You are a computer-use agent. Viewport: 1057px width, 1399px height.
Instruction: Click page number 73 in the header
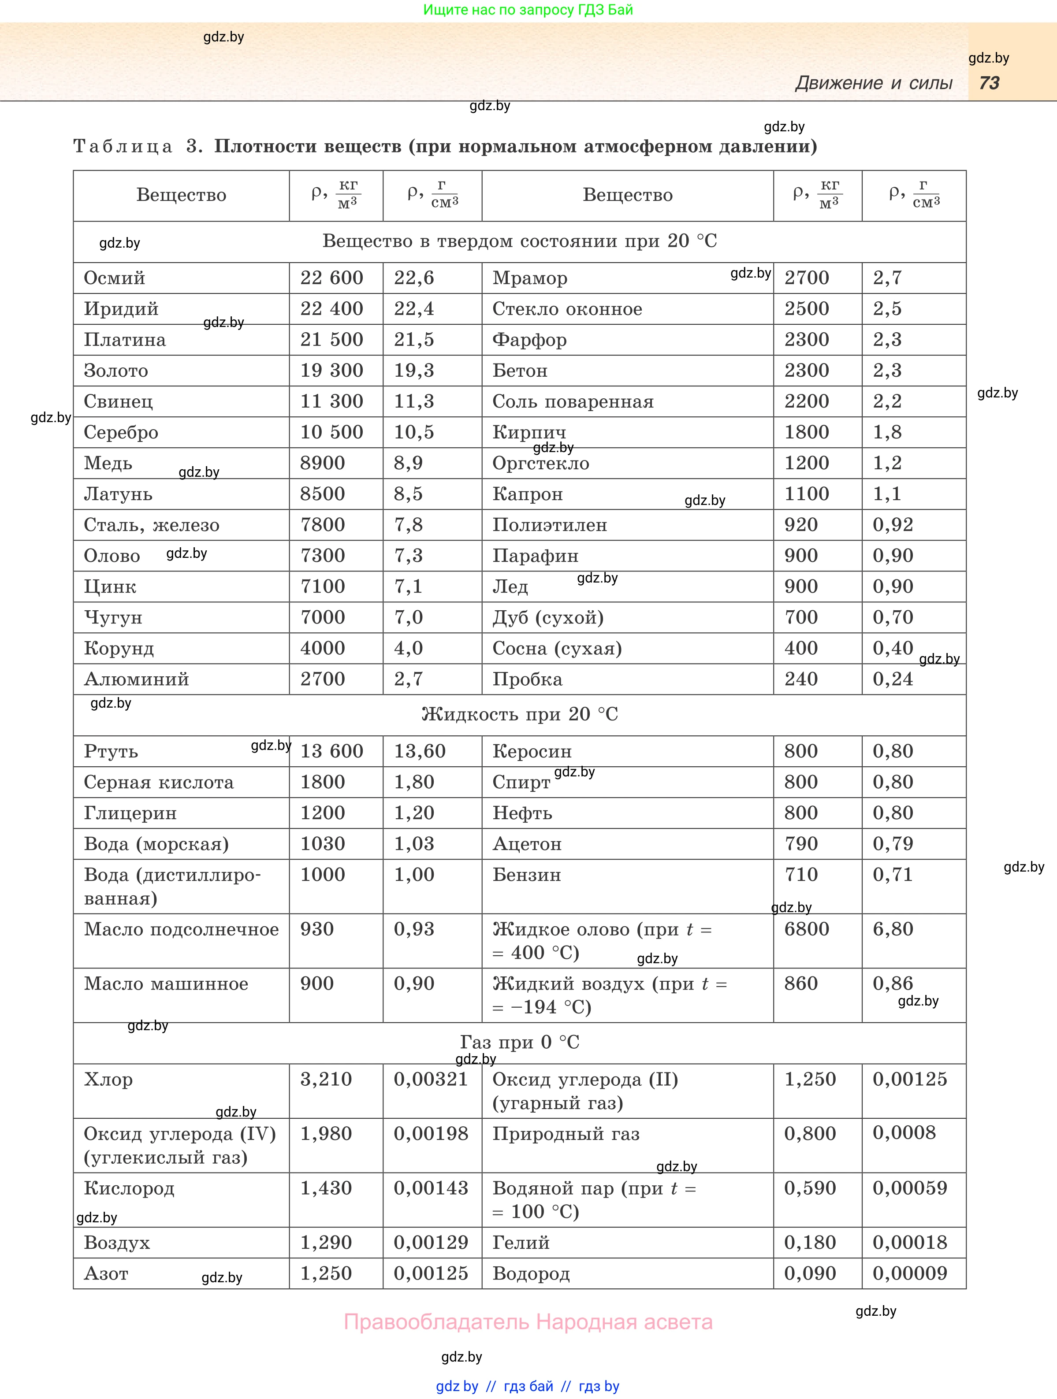(989, 83)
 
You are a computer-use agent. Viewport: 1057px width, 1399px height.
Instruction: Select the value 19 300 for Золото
(331, 371)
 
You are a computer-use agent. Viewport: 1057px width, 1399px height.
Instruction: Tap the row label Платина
(125, 340)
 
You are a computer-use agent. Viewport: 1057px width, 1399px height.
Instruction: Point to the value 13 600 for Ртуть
(331, 751)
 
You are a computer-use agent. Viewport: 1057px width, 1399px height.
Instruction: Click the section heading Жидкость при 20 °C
(519, 714)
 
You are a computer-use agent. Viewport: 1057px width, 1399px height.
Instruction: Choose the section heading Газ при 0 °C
(519, 1042)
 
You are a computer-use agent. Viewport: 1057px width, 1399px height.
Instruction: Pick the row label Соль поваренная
(573, 401)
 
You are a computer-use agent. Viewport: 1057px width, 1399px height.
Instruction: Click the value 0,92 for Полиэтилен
(893, 525)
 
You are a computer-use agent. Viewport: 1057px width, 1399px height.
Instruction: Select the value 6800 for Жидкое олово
(807, 929)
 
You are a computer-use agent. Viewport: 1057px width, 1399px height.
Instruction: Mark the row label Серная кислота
(159, 783)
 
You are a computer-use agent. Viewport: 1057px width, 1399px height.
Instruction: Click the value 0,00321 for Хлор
(431, 1079)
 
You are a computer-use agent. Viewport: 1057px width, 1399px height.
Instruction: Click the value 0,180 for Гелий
(810, 1242)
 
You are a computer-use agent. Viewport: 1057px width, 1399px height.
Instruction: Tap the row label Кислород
(129, 1188)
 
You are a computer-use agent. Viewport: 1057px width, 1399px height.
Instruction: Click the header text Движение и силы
(874, 83)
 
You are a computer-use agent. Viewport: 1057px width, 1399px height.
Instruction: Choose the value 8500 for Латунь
(323, 494)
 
